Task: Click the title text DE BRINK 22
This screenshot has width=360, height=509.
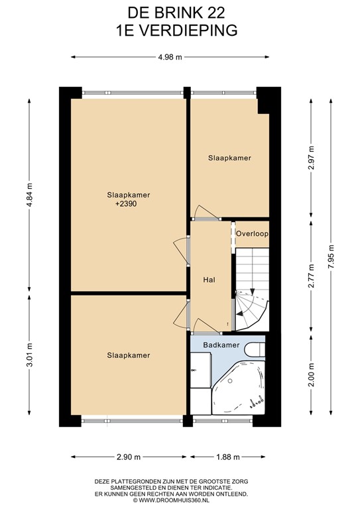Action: tap(180, 11)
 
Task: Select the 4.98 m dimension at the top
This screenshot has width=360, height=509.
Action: tap(170, 57)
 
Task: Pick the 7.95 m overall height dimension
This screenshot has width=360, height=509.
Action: tap(331, 258)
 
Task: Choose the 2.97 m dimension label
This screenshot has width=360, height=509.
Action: tap(311, 158)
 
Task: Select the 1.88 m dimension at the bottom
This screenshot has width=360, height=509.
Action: tap(227, 457)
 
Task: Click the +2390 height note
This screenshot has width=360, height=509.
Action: tap(127, 204)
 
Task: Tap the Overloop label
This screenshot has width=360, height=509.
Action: tap(251, 233)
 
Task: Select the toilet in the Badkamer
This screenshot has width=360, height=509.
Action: tap(254, 349)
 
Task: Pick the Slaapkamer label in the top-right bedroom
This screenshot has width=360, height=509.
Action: tap(229, 158)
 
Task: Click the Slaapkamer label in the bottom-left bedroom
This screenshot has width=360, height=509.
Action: tap(129, 355)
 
